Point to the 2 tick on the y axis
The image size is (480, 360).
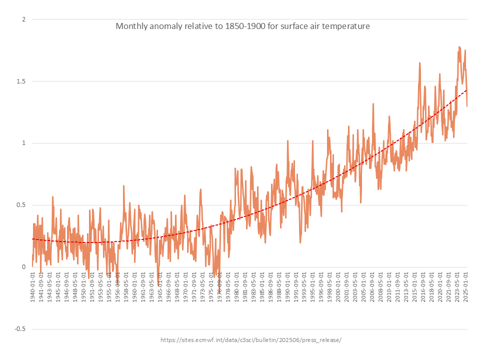point(23,19)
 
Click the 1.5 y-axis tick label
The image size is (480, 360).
point(20,81)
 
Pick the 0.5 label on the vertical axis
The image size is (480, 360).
point(20,205)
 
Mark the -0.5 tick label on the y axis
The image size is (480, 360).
point(19,329)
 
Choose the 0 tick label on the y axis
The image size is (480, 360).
point(23,267)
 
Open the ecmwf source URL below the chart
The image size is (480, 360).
point(250,340)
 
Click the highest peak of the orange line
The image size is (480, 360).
point(459,47)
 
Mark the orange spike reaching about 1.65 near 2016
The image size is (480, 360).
point(419,63)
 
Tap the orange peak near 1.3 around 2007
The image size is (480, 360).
point(373,104)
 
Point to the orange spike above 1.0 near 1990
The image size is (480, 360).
point(287,141)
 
